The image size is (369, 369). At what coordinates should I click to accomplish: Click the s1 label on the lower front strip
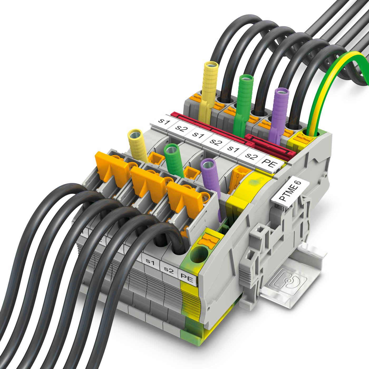pos(150,262)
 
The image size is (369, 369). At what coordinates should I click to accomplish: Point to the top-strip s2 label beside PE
pos(251,156)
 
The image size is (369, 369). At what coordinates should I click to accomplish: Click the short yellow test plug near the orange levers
pos(138,145)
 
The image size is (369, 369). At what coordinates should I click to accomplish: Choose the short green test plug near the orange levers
pos(174,161)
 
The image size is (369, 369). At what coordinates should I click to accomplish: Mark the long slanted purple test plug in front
pos(212,184)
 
